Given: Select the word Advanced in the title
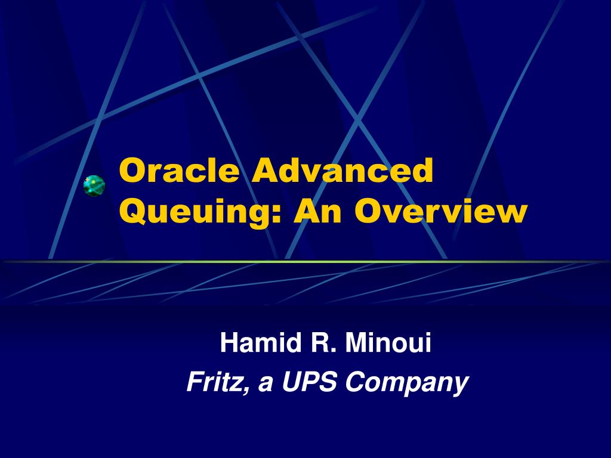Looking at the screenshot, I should [342, 171].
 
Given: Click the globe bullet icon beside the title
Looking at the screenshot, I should [94, 185].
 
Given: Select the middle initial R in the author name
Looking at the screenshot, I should [313, 343].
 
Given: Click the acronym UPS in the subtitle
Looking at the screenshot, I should [310, 382].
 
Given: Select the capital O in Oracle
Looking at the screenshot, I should [130, 171].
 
